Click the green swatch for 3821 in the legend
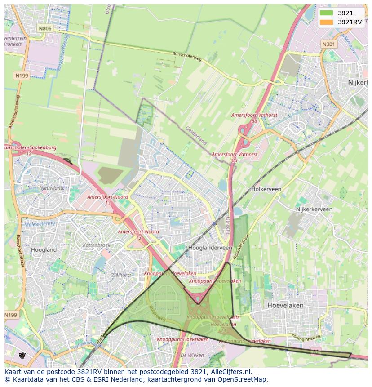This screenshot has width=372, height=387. (327, 13)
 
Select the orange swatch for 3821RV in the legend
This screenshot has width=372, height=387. (327, 22)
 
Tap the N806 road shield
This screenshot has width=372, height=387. (45, 28)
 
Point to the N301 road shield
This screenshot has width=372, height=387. (329, 44)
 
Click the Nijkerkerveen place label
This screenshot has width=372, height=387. (314, 209)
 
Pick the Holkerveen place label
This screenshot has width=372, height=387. (266, 189)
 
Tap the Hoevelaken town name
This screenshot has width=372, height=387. (285, 305)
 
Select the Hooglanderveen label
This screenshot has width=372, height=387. (210, 248)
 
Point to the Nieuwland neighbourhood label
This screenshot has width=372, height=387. (51, 188)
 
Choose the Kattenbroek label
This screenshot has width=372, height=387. (96, 245)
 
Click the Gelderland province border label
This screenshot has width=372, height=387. (196, 135)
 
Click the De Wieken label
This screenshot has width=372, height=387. (189, 355)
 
